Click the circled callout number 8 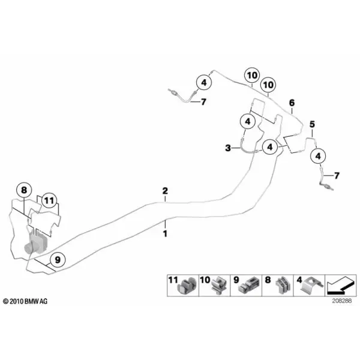point(24,190)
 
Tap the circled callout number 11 point(49,200)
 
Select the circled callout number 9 point(58,260)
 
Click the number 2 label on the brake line point(165,191)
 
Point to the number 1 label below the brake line point(165,234)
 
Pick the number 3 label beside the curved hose point(228,148)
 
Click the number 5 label point(312,124)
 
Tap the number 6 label point(292,103)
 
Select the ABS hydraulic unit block point(35,243)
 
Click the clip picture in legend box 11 point(188,286)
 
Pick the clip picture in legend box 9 point(250,286)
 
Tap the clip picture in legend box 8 point(282,286)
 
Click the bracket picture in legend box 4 point(312,286)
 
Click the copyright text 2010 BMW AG point(25,301)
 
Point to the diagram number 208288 point(341,301)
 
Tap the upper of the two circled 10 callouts point(252,76)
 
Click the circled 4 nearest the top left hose point(204,82)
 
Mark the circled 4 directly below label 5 point(318,156)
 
